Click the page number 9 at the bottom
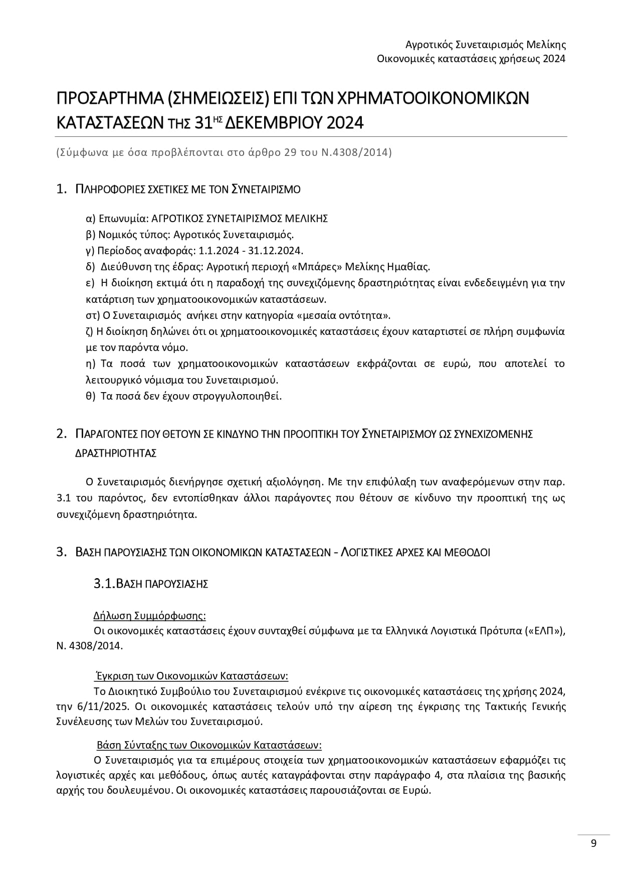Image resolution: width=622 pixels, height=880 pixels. tap(593, 843)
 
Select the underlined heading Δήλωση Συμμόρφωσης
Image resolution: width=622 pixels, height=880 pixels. tap(149, 615)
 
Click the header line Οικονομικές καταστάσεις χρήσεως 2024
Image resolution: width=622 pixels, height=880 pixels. tap(471, 59)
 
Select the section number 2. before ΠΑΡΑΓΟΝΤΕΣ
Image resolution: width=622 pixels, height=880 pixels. tap(62, 434)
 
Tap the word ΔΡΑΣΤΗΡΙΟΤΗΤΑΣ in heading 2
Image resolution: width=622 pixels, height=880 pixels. tap(116, 453)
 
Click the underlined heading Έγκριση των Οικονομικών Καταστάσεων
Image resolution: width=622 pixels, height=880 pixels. tap(191, 675)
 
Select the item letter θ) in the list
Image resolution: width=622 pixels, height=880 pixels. tap(91, 396)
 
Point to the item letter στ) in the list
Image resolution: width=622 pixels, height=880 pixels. tap(92, 315)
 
